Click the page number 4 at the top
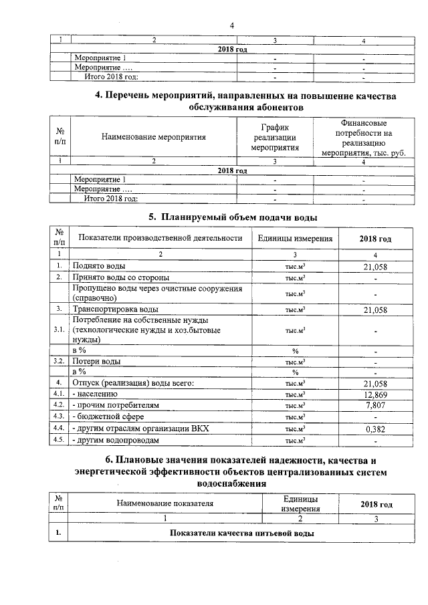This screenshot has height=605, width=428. coord(231,25)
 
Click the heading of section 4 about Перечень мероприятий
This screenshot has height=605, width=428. coord(245,102)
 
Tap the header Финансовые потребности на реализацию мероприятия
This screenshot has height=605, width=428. coord(363,138)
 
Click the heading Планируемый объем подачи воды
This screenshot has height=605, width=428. coord(232,217)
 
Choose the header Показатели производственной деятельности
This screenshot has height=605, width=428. coord(159,238)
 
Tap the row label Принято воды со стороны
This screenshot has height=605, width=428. coord(120,277)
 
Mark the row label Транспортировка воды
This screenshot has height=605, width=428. coord(115,309)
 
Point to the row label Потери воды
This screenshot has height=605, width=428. coord(96,362)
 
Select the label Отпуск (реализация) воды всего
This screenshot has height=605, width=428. coord(132,383)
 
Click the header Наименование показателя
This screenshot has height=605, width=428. coord(165,503)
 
